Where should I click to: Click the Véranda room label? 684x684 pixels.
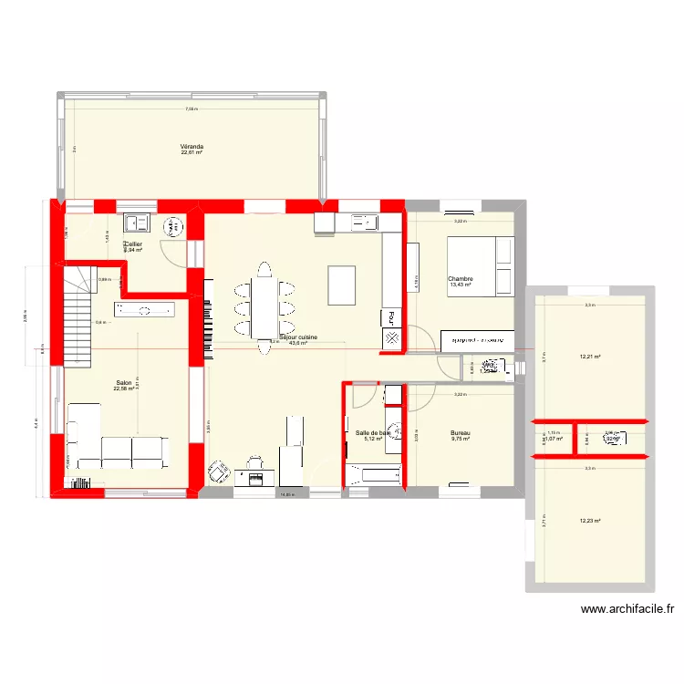(x=192, y=147)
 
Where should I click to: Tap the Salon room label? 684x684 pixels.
(x=122, y=383)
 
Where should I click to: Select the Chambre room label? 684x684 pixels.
(x=459, y=279)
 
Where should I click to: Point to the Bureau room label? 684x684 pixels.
(x=461, y=433)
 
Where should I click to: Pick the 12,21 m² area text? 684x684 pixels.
(x=590, y=357)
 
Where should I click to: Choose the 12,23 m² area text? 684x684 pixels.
(x=590, y=521)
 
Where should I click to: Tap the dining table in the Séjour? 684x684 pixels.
(x=264, y=301)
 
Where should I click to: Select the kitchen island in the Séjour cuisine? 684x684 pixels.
(x=343, y=285)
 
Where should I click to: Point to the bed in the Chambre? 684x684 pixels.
(x=480, y=265)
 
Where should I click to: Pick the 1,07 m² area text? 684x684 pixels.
(x=554, y=439)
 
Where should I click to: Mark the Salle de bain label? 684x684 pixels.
(x=372, y=433)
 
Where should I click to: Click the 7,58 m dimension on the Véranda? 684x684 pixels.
(x=191, y=109)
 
